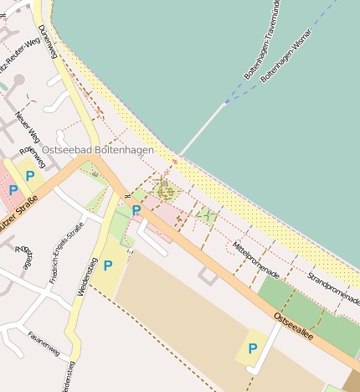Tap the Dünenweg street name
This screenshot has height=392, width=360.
coord(48,39)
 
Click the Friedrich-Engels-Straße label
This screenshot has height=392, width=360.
coord(67,252)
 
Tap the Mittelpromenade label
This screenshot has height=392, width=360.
coord(255,260)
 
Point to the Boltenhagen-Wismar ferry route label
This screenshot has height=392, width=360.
coord(286,56)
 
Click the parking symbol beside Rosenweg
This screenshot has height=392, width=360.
coord(31,175)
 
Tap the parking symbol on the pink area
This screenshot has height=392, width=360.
coord(13,191)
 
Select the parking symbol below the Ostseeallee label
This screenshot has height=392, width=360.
coord(252,348)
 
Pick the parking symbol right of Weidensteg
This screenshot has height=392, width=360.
coord(108,266)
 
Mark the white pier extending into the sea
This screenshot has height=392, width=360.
coord(202,129)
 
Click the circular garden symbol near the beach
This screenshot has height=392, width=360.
coord(166,192)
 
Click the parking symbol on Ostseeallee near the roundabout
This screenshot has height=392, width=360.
coord(136,210)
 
